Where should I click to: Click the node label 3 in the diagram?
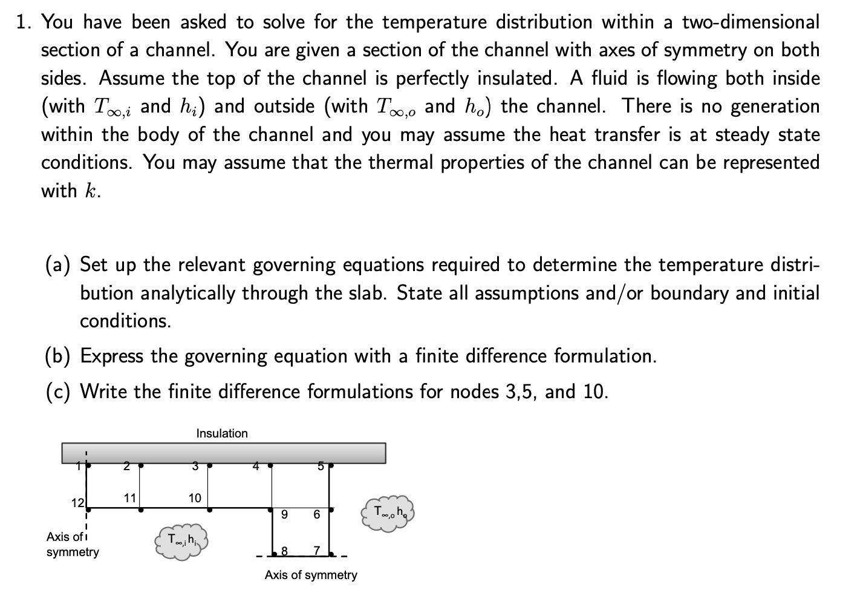195,466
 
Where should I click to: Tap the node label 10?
194,498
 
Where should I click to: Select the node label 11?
129,498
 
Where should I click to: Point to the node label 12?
77,503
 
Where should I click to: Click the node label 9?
284,515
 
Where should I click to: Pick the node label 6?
316,515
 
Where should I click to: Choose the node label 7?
316,551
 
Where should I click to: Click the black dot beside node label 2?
140,466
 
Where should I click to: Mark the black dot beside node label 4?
270,466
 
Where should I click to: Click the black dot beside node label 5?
331,466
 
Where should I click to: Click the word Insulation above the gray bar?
222,433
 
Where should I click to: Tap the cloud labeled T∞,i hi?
181,540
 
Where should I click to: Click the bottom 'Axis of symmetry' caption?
311,575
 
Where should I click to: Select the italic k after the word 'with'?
91,191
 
